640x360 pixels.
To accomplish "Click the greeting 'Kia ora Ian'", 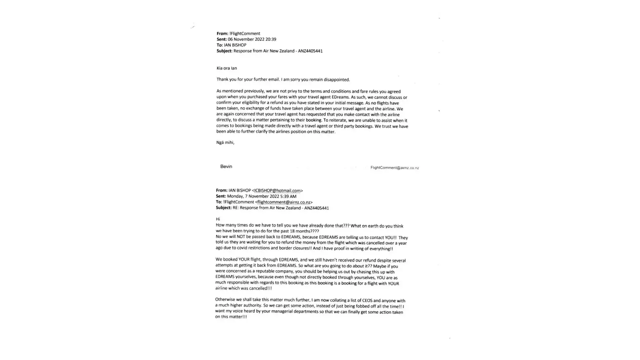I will coord(226,68).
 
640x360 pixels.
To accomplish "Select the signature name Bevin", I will coord(226,166).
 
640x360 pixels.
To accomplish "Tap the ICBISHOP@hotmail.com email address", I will coord(277,190).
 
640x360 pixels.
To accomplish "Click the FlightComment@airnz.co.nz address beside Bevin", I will coord(395,168).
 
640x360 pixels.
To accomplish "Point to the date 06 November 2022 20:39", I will coord(252,39).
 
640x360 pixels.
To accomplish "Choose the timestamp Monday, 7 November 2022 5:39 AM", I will coord(262,196).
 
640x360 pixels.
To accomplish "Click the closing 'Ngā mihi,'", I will coord(225,143).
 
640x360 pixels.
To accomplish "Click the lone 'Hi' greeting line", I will coord(218,219).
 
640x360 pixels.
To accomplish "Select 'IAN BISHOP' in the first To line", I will coord(235,45).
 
